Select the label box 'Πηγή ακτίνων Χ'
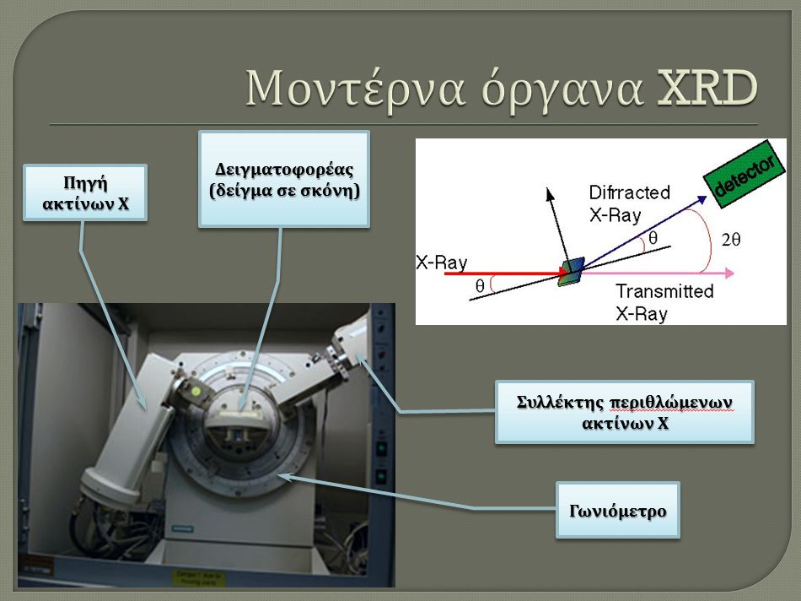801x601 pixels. point(85,192)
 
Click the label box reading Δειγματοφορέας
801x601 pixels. point(284,179)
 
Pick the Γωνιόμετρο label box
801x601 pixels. point(617,510)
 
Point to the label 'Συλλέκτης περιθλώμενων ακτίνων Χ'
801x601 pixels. point(625,412)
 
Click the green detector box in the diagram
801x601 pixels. point(744,174)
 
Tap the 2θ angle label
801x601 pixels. point(730,239)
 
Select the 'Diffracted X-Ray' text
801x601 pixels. point(629,203)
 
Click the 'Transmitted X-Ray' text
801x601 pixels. point(664,302)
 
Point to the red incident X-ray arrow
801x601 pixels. point(506,273)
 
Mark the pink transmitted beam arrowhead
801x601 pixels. point(729,273)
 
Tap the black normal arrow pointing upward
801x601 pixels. point(557,226)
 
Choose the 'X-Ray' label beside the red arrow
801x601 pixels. point(441,263)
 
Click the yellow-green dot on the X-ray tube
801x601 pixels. point(196,392)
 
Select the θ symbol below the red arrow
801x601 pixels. point(479,285)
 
